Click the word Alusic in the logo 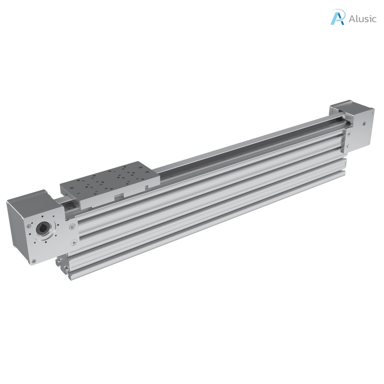tap(362, 19)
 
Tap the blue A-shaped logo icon tap(337, 17)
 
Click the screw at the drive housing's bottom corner tap(34, 261)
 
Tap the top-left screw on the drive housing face tap(28, 226)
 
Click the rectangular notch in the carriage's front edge tap(119, 195)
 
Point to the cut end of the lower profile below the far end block tap(343, 165)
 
